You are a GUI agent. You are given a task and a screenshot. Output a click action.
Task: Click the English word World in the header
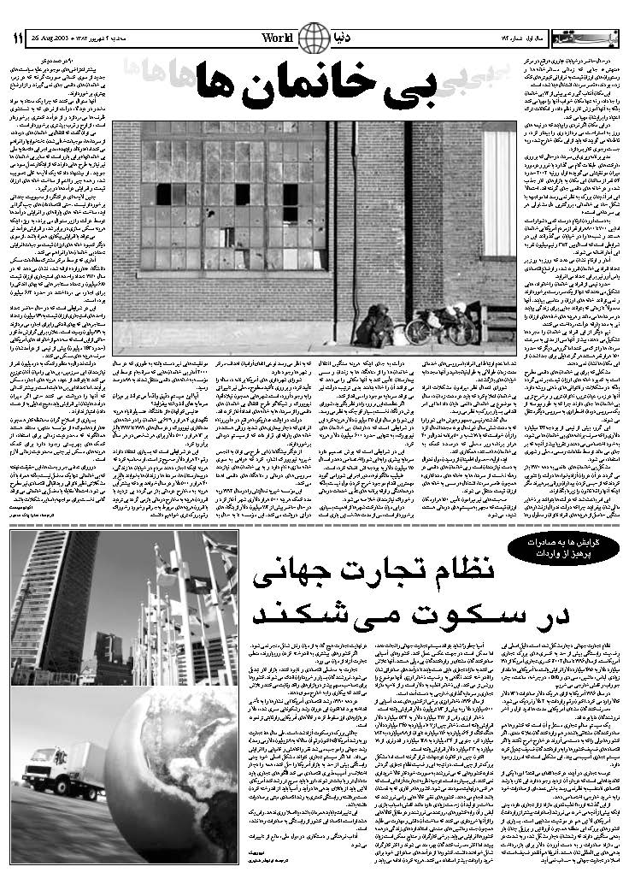pyautogui.click(x=279, y=38)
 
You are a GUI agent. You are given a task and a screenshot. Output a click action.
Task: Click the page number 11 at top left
pyautogui.click(x=17, y=38)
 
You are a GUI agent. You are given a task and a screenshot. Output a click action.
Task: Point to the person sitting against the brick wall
pyautogui.click(x=374, y=325)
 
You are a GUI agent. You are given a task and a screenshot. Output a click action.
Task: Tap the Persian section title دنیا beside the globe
pyautogui.click(x=352, y=37)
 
